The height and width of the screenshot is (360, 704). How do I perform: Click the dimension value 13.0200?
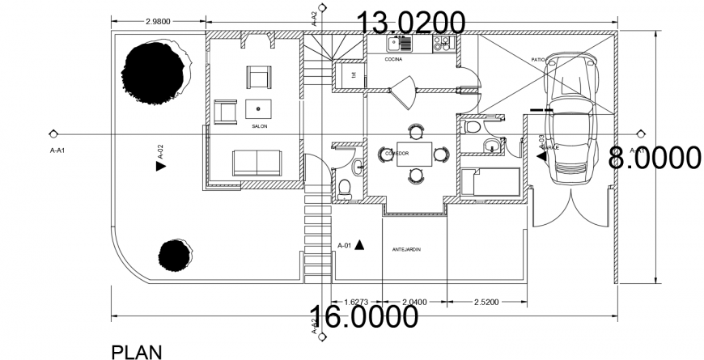(411, 22)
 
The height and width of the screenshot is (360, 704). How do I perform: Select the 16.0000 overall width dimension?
(363, 317)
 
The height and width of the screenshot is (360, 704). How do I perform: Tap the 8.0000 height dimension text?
(654, 158)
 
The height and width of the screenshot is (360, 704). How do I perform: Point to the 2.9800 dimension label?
(157, 22)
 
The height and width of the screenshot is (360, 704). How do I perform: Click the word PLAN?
(136, 351)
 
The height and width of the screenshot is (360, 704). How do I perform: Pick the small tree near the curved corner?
(175, 256)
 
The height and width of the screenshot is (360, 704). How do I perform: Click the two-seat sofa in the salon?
(257, 162)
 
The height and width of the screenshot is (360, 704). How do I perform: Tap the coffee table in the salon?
(259, 108)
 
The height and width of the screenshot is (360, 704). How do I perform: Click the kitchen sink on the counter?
(399, 44)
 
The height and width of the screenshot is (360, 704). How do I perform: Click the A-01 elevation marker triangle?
(359, 244)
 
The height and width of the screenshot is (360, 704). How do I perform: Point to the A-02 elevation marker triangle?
(159, 166)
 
